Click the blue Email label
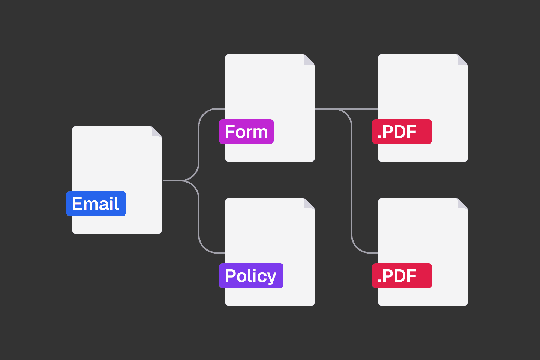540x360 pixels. tap(96, 204)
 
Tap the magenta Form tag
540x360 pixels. tap(246, 132)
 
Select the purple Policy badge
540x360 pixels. tap(251, 276)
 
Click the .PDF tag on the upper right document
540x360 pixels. tap(402, 132)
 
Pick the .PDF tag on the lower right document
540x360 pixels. tap(402, 276)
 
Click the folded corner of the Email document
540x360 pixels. tap(156, 132)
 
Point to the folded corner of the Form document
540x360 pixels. tap(309, 60)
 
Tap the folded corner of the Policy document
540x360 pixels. tap(309, 204)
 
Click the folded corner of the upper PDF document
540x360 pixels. tap(463, 60)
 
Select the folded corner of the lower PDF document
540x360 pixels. tap(463, 204)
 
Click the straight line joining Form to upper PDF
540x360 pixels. tap(346, 109)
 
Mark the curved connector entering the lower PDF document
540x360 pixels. tap(352, 181)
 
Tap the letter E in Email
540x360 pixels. tap(77, 204)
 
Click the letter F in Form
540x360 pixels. tap(230, 132)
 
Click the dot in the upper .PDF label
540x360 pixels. tap(379, 137)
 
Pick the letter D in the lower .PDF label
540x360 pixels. tap(398, 276)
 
